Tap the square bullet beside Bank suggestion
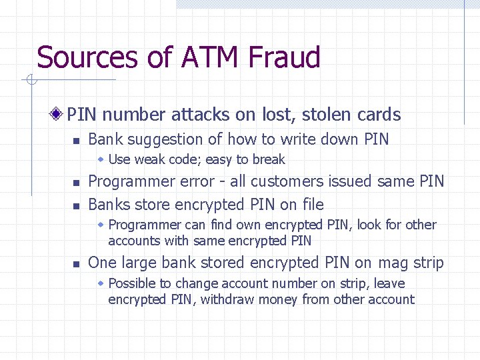coord(76,141)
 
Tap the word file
coord(311,204)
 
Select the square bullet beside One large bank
coord(76,264)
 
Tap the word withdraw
coord(228,299)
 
